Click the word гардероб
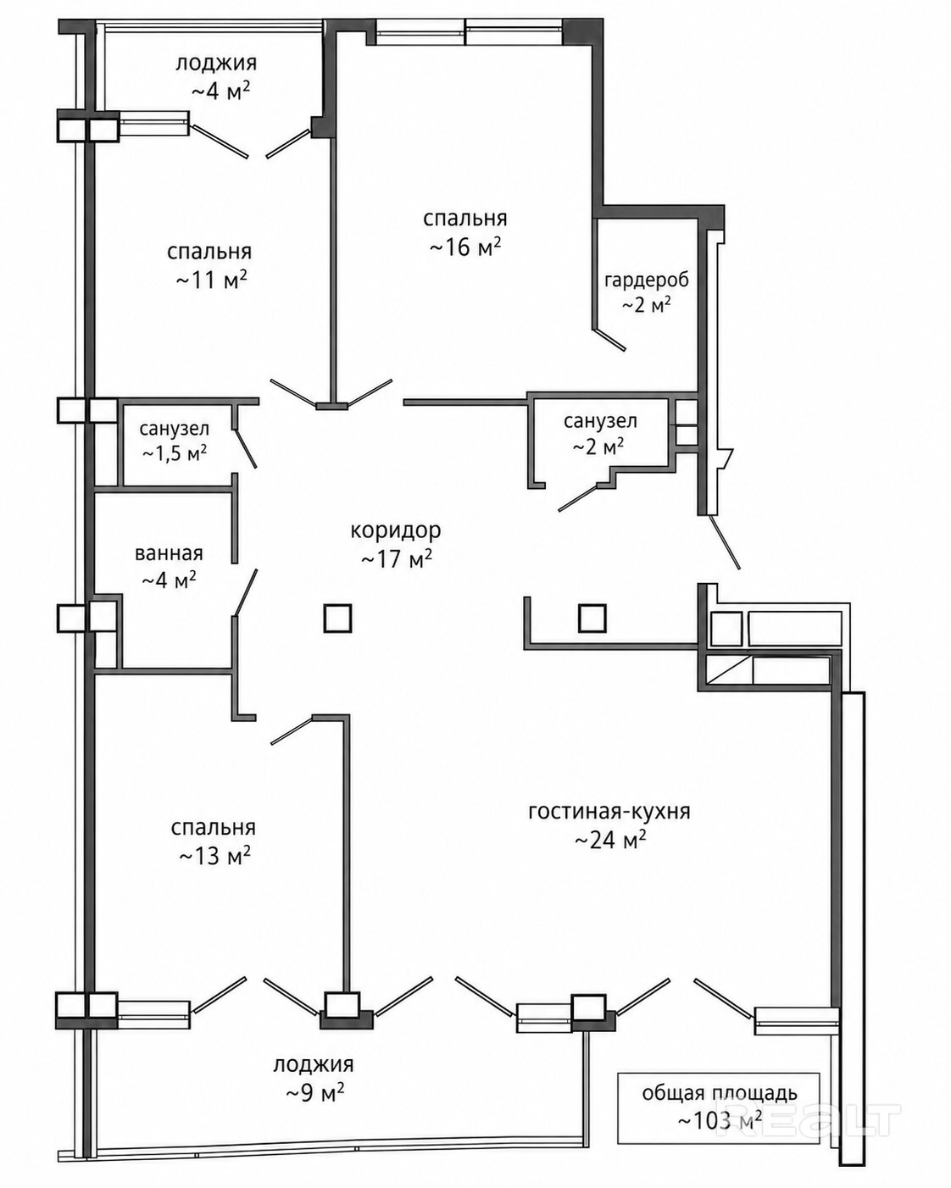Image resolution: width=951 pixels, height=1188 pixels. (x=647, y=280)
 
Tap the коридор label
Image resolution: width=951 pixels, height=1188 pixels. (x=396, y=530)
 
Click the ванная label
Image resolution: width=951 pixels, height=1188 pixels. (x=169, y=553)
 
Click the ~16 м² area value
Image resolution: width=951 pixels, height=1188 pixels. (x=465, y=247)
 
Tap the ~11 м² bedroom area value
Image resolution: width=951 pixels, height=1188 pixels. (x=211, y=280)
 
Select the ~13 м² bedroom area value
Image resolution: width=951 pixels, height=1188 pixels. (x=214, y=856)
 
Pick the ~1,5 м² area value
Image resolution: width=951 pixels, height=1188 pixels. (x=175, y=453)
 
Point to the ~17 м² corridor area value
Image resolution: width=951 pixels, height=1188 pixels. (x=396, y=559)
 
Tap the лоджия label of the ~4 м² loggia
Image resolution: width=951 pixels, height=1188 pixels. (x=216, y=63)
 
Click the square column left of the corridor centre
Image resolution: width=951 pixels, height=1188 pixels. (x=337, y=619)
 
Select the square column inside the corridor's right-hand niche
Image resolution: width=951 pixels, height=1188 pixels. (x=592, y=619)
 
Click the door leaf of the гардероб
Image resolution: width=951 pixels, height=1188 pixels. (x=609, y=340)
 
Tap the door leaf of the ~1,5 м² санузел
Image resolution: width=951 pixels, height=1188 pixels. (x=245, y=448)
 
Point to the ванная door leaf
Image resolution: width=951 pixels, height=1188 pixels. (x=246, y=591)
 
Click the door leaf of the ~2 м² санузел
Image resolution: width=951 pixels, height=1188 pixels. (x=578, y=498)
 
